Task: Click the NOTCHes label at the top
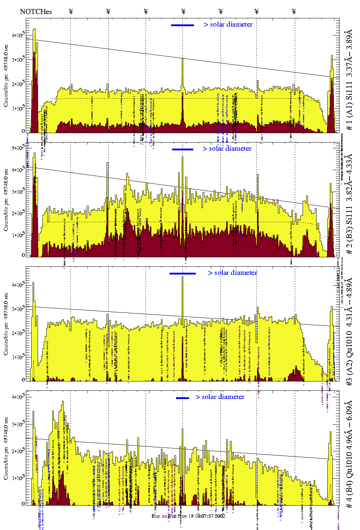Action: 36,11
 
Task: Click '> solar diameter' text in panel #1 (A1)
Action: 228,24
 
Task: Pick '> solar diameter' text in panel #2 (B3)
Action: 227,149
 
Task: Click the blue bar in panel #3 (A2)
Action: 183,273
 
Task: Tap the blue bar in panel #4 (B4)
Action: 183,398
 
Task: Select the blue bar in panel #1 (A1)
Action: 183,25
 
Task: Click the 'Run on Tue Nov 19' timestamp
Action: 188,516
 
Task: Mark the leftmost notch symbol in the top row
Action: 71,11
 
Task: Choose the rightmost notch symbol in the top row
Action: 294,11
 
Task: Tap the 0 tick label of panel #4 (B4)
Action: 23,503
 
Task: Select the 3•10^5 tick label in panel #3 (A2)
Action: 18,309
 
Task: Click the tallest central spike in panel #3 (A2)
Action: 183,278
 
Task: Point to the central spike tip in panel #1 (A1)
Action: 183,58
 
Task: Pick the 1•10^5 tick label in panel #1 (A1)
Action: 18,108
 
